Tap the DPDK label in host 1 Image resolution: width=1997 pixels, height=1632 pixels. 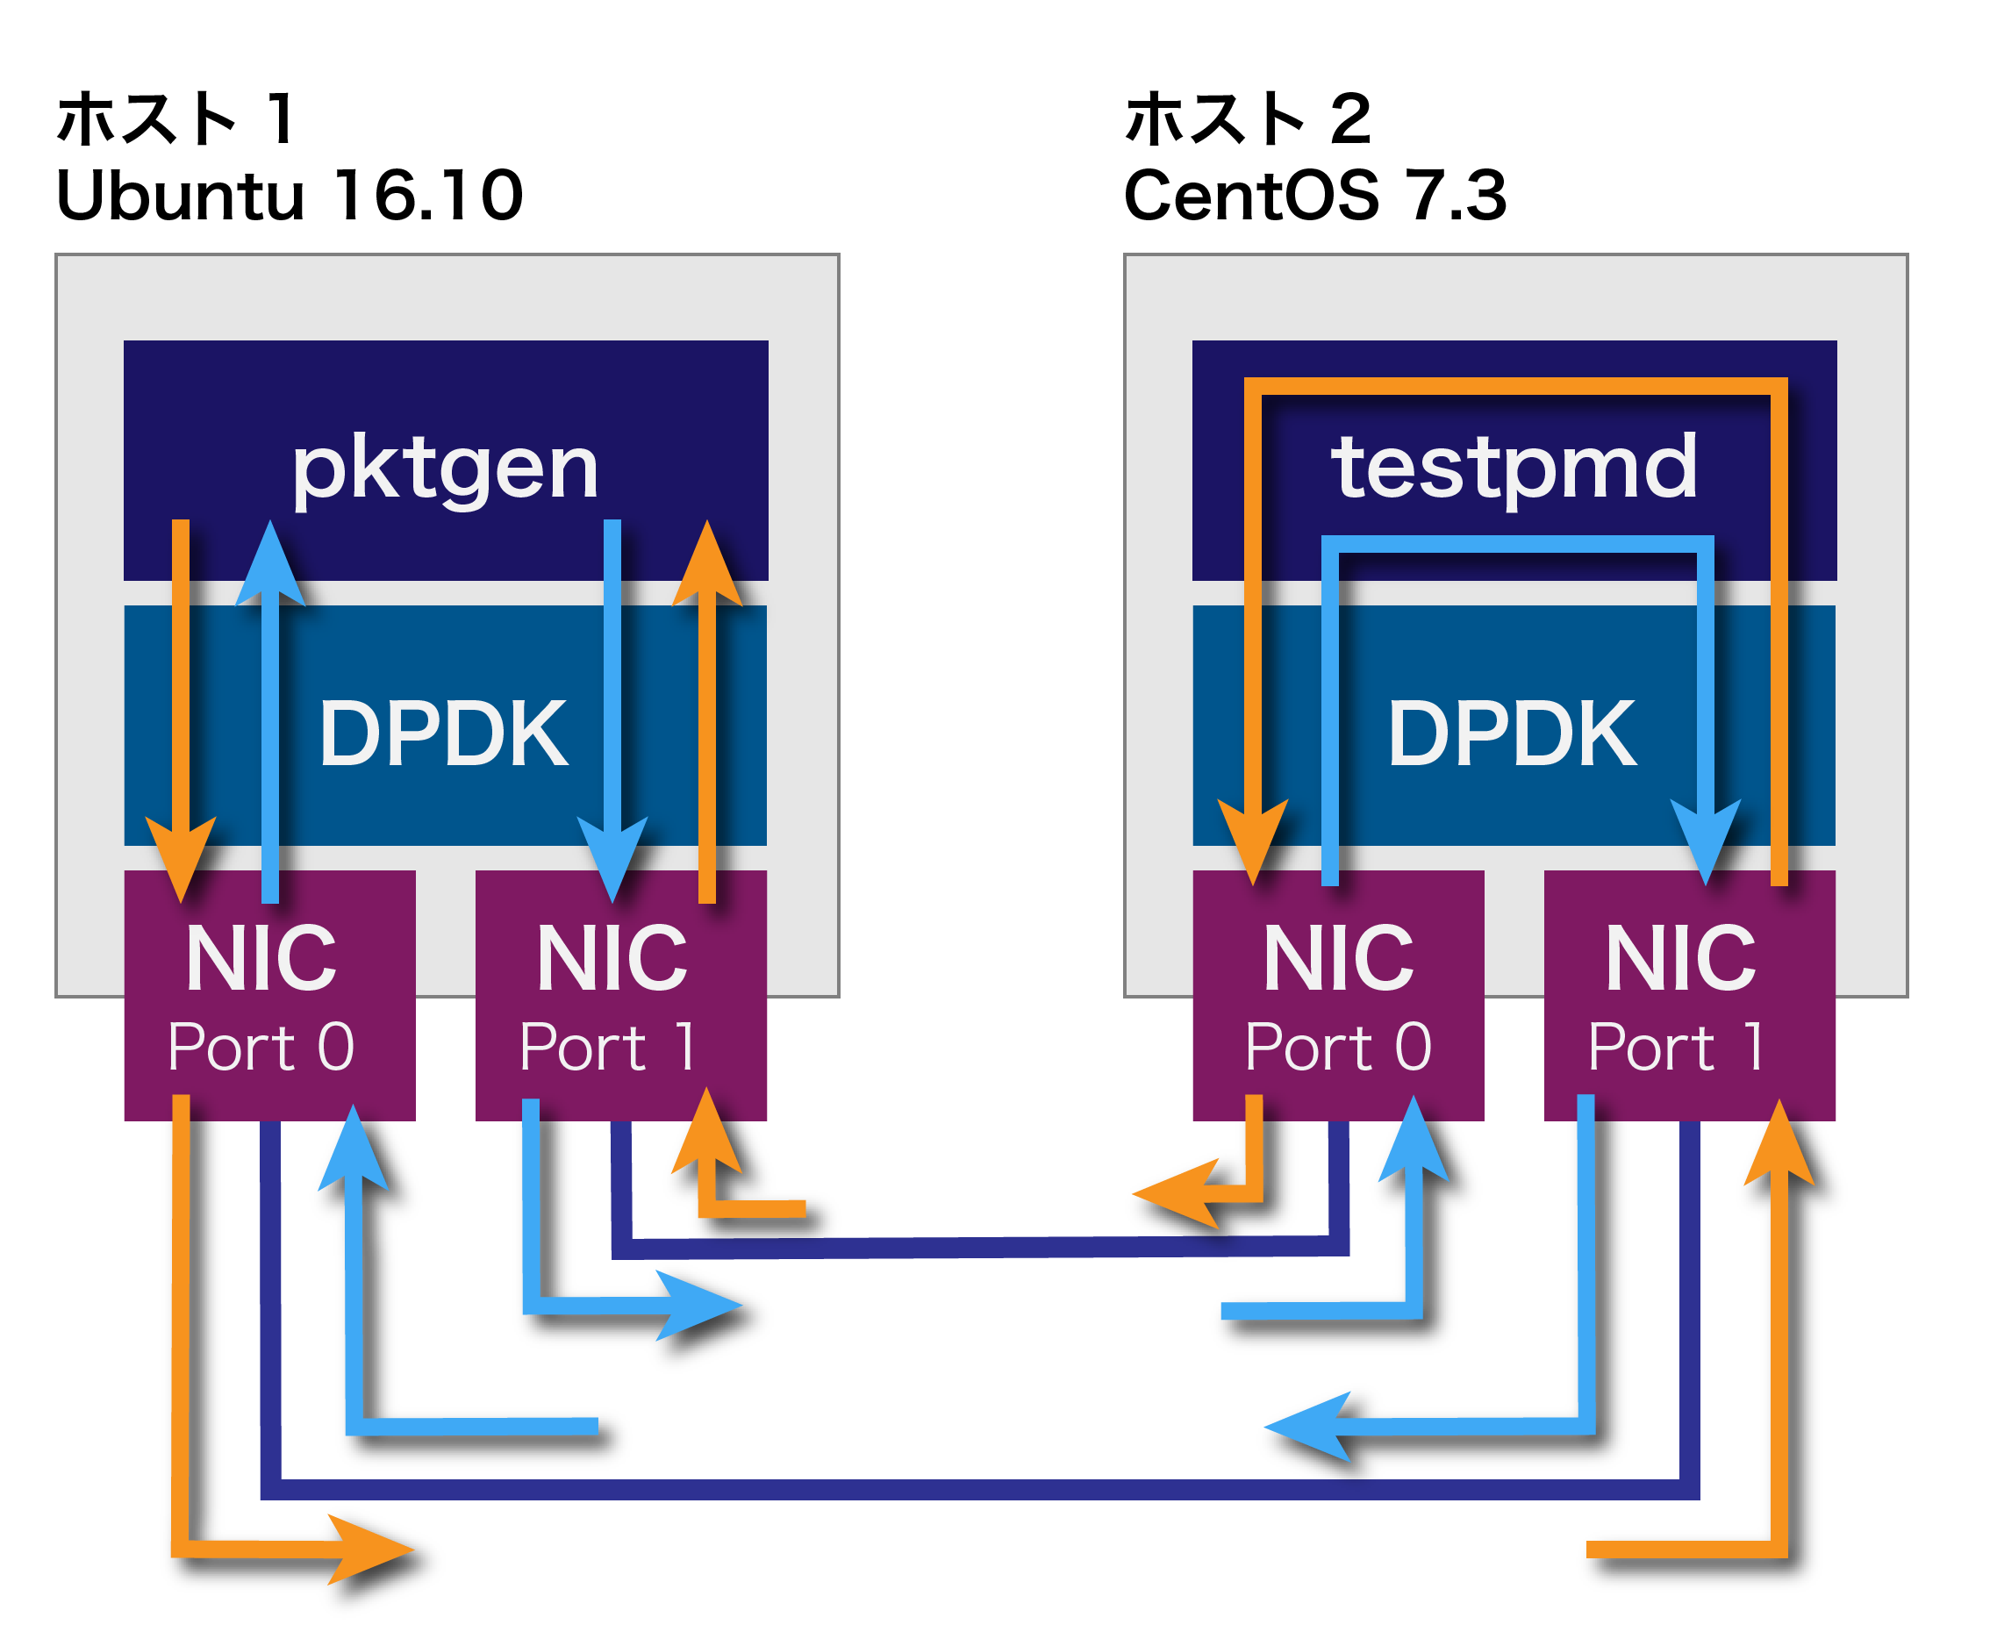[x=443, y=734]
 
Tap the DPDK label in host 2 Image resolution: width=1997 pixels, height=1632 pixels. [x=1512, y=734]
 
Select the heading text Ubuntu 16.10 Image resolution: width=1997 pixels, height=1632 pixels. [x=290, y=196]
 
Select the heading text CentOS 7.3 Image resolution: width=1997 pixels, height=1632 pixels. [x=1314, y=196]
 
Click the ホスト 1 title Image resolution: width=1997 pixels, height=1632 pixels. [x=176, y=119]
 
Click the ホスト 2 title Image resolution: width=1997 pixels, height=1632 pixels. [x=1248, y=119]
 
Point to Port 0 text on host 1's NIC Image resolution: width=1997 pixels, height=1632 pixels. [x=261, y=1046]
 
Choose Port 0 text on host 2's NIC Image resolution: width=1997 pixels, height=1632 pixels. [x=1338, y=1046]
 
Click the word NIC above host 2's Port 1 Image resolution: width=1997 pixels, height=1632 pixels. [x=1681, y=959]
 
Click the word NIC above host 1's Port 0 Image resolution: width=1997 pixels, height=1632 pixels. [x=261, y=959]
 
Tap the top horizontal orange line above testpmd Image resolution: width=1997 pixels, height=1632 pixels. [x=1514, y=386]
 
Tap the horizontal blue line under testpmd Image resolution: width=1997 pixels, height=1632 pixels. [x=1515, y=544]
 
